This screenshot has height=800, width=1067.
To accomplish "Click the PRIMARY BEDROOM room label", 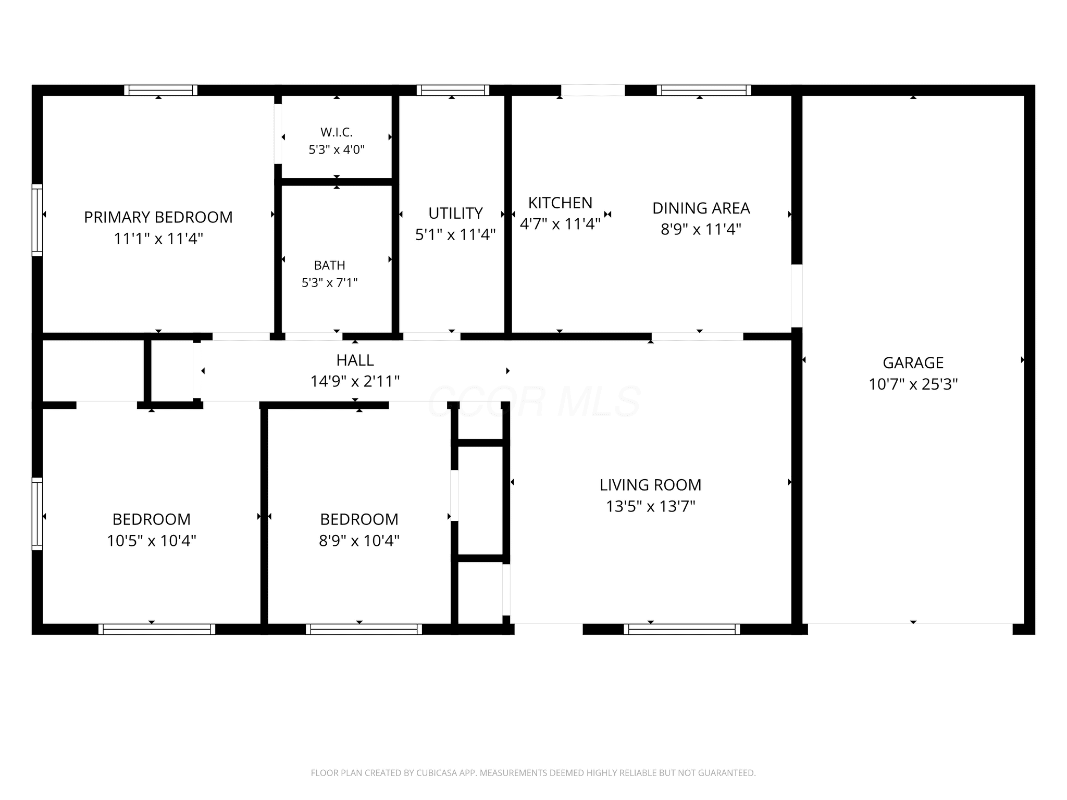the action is (158, 217).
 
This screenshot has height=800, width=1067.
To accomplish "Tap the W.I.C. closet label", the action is (337, 132).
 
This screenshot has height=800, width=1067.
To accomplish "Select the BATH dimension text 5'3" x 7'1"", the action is (330, 283).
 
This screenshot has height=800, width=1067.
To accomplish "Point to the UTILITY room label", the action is (455, 213).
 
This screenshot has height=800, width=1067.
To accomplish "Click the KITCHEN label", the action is (560, 203).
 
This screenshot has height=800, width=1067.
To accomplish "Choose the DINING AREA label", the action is (701, 208).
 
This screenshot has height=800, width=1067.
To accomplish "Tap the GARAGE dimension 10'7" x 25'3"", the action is (913, 384).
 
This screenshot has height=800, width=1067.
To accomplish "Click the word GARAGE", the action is (913, 362).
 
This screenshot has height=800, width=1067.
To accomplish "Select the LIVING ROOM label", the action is (651, 485).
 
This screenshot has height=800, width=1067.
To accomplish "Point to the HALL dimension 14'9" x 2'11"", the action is (355, 382).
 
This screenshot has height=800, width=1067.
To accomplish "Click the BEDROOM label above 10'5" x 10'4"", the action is (152, 519).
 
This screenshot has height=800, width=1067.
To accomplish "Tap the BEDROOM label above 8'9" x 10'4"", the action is (359, 519).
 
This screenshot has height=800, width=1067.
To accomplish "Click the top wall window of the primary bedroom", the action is (160, 90).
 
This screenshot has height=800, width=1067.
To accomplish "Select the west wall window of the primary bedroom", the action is (37, 220).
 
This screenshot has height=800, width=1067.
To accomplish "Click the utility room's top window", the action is (453, 90).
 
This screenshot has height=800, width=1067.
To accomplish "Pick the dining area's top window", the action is (704, 90).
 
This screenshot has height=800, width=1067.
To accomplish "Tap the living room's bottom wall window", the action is (682, 629).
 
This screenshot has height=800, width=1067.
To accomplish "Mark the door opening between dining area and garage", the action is (797, 296).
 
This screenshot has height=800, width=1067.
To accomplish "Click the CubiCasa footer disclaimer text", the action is (533, 773).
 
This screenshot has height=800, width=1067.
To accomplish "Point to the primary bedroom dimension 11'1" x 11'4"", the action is (158, 239).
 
